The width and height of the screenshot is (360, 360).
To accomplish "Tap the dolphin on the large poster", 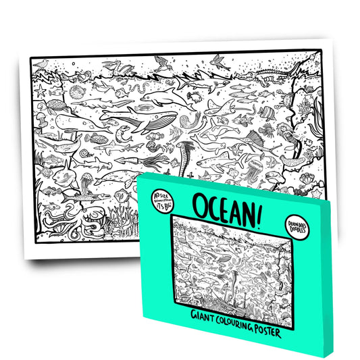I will [162, 101].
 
